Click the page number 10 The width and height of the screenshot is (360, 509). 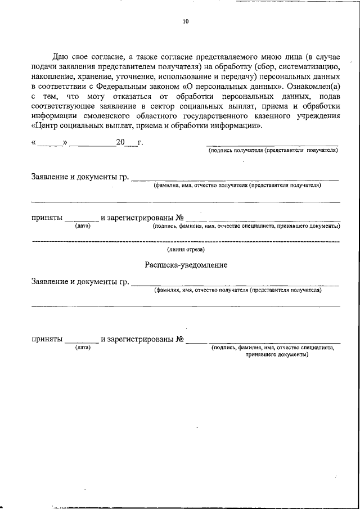point(186,22)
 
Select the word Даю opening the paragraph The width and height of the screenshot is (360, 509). point(61,57)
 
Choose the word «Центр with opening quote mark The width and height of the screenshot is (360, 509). point(48,126)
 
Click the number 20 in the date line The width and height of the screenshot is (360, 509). point(120,142)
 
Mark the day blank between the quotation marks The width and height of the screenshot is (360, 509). point(51,144)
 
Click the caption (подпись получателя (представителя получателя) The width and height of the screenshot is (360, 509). point(273,151)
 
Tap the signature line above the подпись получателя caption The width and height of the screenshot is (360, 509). point(273,146)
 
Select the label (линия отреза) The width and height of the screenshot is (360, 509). point(186,249)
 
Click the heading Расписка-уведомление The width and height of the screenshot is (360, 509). point(186,265)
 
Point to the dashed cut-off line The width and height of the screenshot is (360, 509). point(186,242)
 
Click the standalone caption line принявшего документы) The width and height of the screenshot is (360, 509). point(273,355)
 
